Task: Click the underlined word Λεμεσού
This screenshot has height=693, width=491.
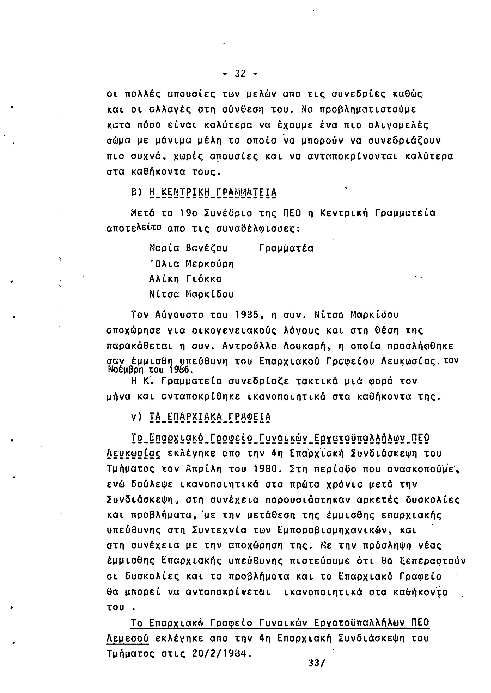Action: click(x=128, y=638)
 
